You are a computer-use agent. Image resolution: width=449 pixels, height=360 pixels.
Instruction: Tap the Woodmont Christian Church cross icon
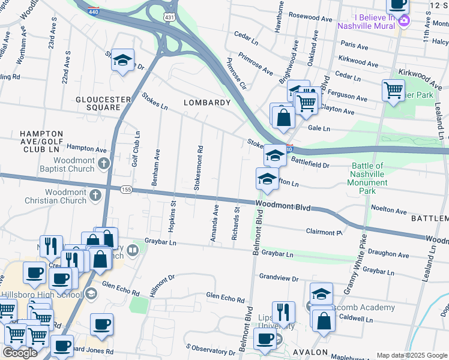tap(95, 195)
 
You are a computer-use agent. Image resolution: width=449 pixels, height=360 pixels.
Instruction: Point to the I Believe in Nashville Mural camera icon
tap(404, 22)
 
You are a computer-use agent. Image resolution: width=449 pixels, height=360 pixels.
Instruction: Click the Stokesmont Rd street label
tap(198, 167)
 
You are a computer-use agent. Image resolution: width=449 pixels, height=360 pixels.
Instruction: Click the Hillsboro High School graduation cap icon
tap(91, 293)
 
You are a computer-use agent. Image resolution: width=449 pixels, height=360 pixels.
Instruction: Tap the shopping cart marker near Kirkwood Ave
tap(393, 90)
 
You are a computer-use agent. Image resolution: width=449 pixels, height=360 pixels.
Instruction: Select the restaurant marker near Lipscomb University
tap(283, 312)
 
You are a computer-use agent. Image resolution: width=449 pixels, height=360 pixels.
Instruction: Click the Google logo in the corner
tap(20, 353)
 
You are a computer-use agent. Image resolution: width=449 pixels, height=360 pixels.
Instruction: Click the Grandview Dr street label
tap(279, 278)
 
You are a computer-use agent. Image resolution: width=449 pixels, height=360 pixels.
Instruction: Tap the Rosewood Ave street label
tap(310, 19)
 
